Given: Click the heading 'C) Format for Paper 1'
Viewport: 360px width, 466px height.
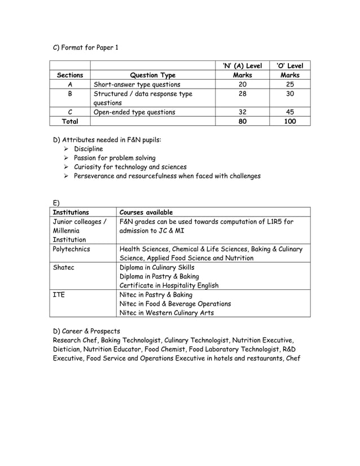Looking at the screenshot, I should coord(85,47).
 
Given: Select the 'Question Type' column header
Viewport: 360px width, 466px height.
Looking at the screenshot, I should coord(152,75).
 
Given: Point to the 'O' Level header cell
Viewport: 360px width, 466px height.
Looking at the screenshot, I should coord(289,66).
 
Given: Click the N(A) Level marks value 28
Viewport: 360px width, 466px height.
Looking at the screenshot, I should coord(242,94).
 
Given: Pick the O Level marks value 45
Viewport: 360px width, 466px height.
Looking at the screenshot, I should coord(289,112).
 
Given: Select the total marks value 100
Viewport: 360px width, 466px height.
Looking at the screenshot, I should coord(289,121).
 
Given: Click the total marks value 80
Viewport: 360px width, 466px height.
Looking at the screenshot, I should coord(242,121).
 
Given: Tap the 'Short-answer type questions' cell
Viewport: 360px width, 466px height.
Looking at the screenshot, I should coord(137,85).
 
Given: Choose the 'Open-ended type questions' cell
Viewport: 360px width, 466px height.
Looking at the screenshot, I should coord(134,112).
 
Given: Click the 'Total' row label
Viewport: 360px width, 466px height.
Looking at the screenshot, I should coord(70,121).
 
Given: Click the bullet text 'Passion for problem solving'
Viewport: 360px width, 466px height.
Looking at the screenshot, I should coord(115,158).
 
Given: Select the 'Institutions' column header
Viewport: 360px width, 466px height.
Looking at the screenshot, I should coord(71,212).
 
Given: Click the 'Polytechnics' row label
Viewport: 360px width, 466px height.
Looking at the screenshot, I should coord(71,248).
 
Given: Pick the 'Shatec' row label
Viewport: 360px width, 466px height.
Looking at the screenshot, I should coord(63,267).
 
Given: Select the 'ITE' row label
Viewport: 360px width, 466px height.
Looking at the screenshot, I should coord(59,294).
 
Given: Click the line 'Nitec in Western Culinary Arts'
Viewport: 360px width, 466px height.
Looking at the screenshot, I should coord(166,313).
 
